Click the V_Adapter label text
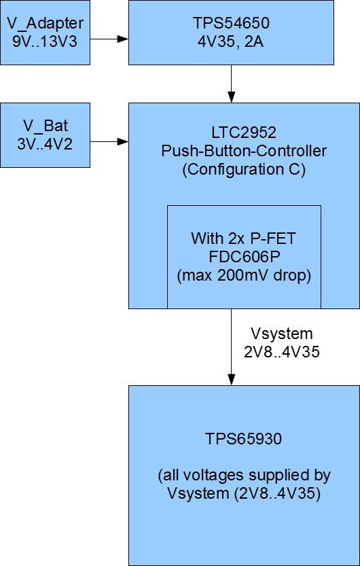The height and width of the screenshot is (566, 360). point(45,24)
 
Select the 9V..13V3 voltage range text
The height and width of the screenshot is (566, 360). point(45,41)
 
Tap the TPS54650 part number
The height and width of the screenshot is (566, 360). point(231,24)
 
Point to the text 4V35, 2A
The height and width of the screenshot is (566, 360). point(230,42)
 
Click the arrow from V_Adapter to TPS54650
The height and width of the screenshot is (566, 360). point(109,39)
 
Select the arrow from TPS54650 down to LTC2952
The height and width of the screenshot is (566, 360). point(231,84)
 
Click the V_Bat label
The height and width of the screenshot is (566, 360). point(46,126)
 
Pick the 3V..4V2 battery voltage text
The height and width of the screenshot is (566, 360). point(45,144)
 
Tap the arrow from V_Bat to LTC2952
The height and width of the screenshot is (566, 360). point(109,141)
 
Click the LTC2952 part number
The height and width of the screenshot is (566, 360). point(244,132)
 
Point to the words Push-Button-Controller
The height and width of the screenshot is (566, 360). point(244,151)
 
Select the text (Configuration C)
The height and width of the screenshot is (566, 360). point(244,169)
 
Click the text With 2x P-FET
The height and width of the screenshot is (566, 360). point(243,238)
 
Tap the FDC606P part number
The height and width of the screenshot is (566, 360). point(244,257)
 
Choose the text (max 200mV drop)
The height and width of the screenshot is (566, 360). point(244,275)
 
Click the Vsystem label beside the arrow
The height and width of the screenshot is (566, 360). point(281,334)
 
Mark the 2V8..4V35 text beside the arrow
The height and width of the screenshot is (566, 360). point(282,352)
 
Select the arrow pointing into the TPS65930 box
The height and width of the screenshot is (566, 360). point(231,347)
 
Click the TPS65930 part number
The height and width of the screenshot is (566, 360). point(243,439)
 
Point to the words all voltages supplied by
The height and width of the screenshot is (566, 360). point(245,476)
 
